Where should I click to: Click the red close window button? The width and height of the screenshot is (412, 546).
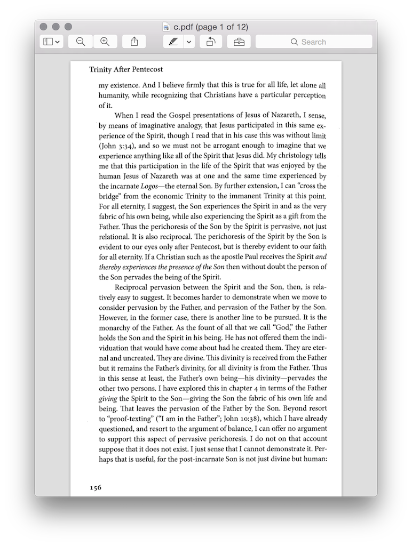tap(44, 27)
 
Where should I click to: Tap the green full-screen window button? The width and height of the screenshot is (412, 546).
tap(68, 27)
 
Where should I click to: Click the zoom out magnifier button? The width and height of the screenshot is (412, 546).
tap(81, 42)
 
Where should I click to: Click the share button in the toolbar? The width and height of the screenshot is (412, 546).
tap(134, 42)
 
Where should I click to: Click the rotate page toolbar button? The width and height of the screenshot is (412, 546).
tap(211, 42)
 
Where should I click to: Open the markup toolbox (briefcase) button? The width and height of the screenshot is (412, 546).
tap(239, 42)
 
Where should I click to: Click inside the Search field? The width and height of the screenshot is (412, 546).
tap(314, 42)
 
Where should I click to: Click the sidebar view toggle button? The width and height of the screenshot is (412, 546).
tap(52, 42)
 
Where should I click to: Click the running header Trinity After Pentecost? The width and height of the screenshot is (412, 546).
tap(126, 69)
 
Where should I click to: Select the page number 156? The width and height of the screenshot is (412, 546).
tap(96, 487)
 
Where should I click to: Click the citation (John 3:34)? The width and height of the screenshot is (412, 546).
tap(116, 145)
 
